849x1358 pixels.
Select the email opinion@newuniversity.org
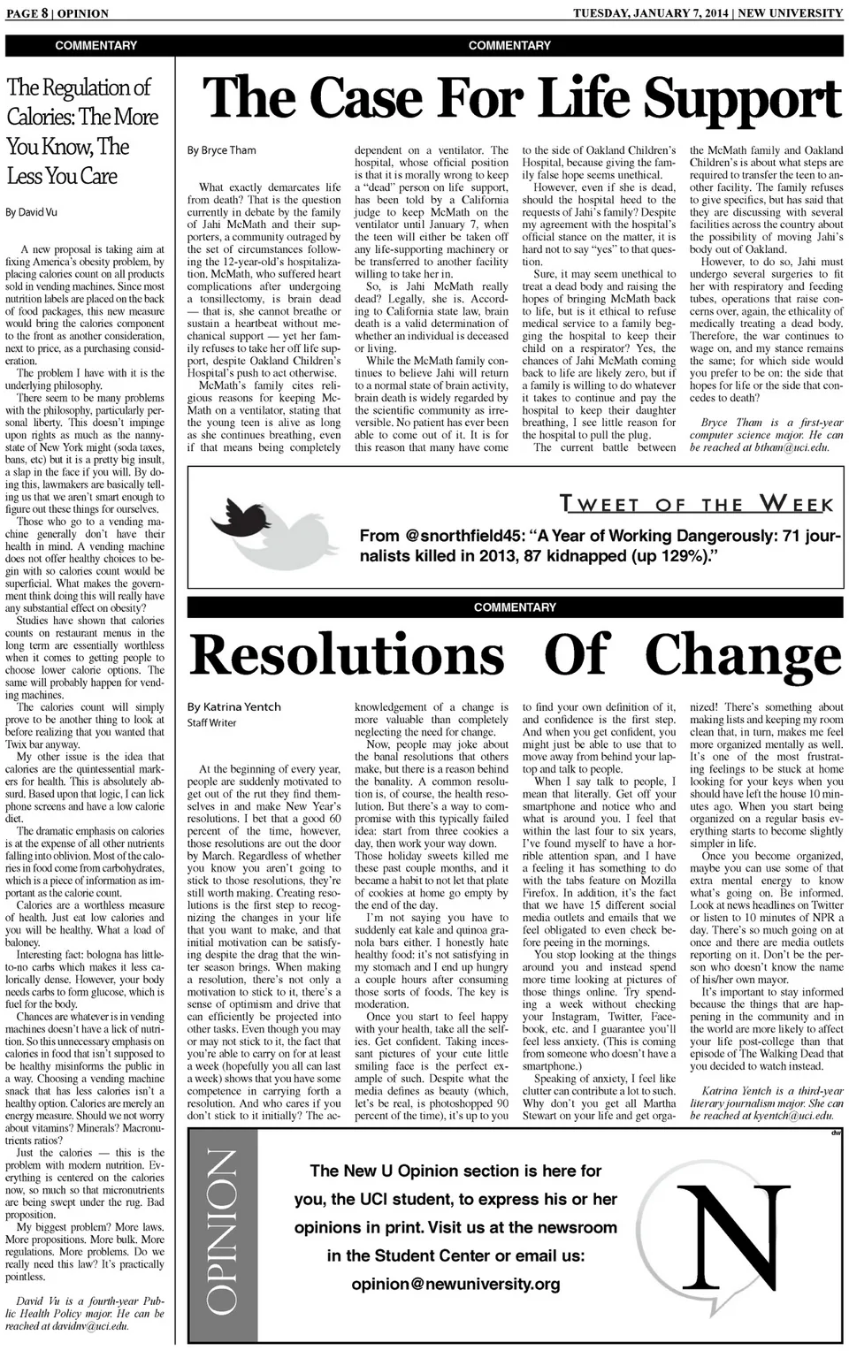[455, 1284]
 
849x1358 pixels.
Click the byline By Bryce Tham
[221, 150]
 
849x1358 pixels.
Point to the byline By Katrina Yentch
[233, 706]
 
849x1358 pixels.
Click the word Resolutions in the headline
[347, 656]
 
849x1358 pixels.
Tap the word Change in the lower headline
[743, 656]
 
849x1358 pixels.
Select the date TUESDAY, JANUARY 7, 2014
[649, 13]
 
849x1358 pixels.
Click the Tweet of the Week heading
[696, 505]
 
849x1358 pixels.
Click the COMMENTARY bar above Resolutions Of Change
[515, 607]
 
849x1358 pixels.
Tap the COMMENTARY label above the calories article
[96, 45]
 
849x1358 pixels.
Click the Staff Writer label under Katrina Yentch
[211, 722]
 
